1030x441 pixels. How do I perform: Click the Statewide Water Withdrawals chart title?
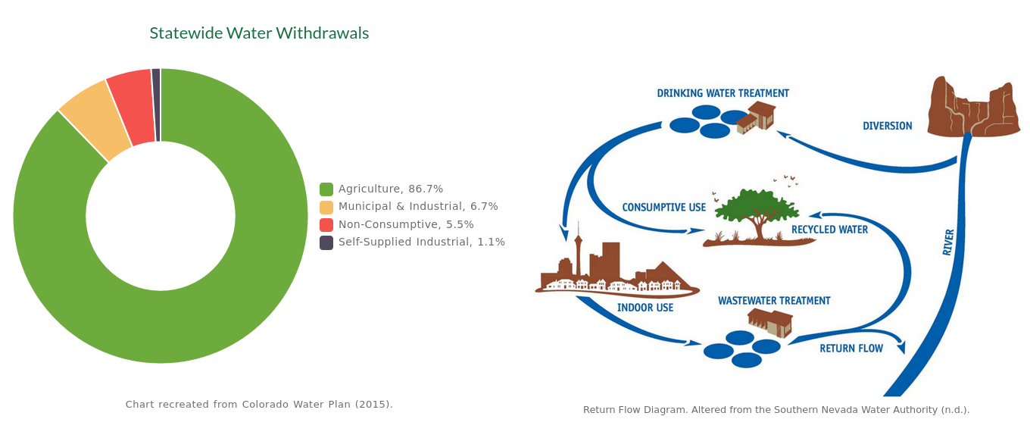259,33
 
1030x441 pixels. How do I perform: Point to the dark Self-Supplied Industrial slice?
156,105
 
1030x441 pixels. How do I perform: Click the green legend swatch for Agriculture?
326,189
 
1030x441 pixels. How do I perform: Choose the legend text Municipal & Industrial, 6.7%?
418,206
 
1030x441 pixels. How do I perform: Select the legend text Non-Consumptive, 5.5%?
406,224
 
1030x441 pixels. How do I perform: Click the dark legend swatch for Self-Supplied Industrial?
326,242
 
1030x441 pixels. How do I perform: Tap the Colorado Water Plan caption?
259,404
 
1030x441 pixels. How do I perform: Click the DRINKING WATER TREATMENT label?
723,93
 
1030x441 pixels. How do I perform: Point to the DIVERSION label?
888,126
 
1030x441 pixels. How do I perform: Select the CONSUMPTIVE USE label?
664,208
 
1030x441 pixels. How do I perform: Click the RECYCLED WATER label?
829,230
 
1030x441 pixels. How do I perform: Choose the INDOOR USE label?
645,308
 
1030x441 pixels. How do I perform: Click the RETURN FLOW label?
851,349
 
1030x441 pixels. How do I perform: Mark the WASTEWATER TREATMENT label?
774,301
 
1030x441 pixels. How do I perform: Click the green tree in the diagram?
757,214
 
